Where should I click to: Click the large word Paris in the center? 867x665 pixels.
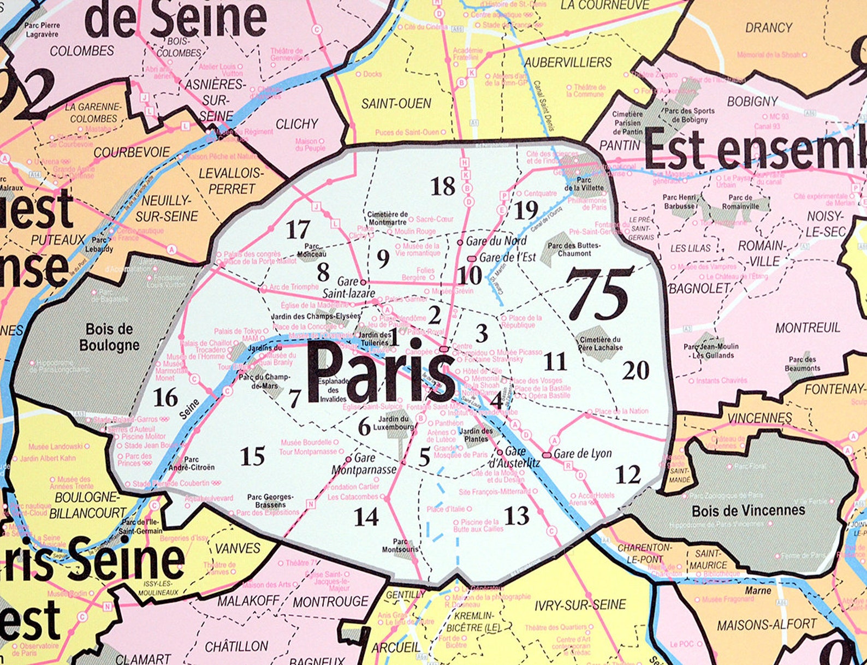(x=381, y=371)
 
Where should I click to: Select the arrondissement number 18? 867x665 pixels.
(x=442, y=187)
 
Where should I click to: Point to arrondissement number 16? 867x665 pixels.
(x=165, y=397)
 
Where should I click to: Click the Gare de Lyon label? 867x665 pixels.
(x=582, y=454)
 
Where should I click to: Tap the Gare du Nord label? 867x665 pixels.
(x=496, y=241)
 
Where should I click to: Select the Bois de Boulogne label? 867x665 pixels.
(x=109, y=337)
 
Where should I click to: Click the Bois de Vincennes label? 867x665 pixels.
(x=748, y=511)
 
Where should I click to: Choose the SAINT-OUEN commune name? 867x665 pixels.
(x=396, y=103)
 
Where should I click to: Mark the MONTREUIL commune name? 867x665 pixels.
(x=807, y=328)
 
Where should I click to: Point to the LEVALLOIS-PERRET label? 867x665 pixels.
(x=231, y=181)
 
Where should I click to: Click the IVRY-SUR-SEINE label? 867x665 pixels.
(x=580, y=605)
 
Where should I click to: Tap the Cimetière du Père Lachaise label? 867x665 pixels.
(x=601, y=343)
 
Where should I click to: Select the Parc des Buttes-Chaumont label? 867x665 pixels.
(x=574, y=250)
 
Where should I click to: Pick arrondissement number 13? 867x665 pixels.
(x=516, y=515)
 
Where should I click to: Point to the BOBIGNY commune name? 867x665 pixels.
(x=752, y=102)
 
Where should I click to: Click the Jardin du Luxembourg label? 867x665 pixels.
(x=393, y=423)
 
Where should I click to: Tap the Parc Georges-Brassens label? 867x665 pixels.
(x=270, y=501)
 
